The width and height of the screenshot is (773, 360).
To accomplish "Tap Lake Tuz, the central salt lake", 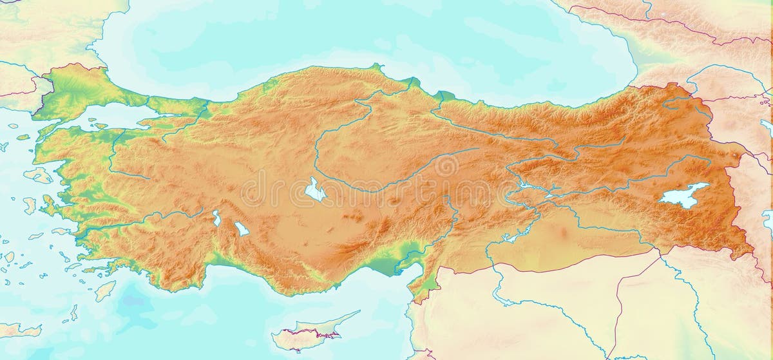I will [314, 190].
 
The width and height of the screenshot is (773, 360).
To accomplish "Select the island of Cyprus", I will [303, 336].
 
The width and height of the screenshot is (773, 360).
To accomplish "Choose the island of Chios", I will [30, 205].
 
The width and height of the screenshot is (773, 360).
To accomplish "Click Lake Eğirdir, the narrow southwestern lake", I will [217, 218].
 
